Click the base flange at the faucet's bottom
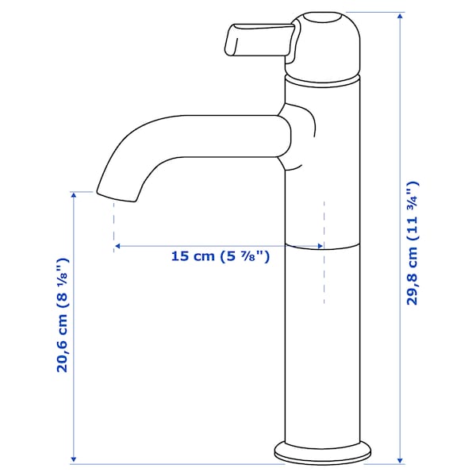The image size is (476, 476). coord(323,455)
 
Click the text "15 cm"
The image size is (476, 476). coord(193,256)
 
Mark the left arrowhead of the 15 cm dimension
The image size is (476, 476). coord(117,247)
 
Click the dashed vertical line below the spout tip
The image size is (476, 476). coord(114,222)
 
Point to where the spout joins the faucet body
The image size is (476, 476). coord(286,135)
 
